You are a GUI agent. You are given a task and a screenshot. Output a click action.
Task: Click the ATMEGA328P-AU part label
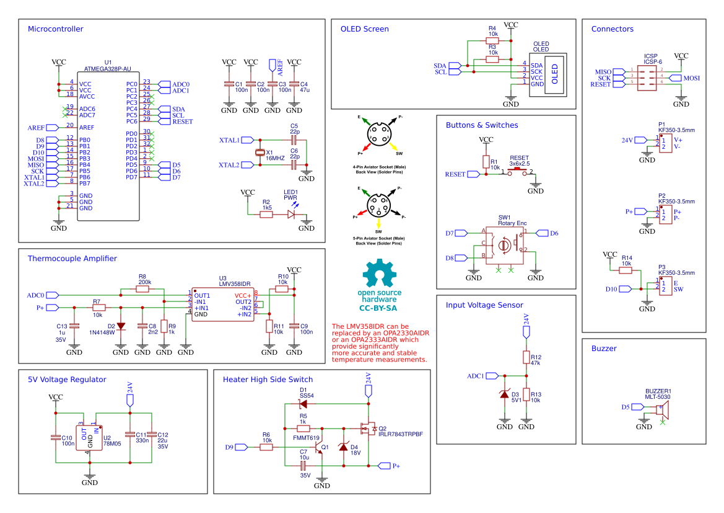[108, 68]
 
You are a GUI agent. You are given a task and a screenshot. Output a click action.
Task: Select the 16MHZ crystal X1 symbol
[260, 153]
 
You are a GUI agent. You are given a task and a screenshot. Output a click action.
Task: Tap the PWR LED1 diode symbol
[291, 215]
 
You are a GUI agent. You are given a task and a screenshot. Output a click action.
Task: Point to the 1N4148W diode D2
[121, 326]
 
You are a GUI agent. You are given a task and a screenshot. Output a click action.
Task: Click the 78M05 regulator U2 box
[90, 437]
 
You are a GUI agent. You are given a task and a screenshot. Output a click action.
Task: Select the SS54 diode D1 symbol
[303, 404]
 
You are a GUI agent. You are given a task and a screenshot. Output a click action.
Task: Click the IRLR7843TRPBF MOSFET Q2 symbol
[367, 429]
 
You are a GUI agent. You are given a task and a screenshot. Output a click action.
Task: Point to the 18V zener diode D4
[344, 448]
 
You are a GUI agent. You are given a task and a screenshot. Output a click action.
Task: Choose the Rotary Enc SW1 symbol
[504, 245]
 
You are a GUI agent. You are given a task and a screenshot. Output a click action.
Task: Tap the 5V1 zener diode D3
[505, 395]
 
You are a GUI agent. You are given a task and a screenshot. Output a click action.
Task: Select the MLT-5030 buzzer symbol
[661, 411]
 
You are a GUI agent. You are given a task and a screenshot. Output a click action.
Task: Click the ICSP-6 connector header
[648, 77]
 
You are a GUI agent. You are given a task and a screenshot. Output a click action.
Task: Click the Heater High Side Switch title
[268, 380]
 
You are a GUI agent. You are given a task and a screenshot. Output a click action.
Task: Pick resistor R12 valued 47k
[526, 357]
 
